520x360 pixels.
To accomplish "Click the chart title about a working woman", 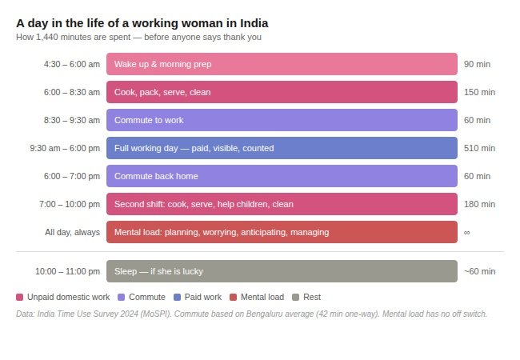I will [142, 23].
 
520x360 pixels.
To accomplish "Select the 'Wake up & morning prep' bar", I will [282, 64].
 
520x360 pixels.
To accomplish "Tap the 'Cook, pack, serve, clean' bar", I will [282, 92].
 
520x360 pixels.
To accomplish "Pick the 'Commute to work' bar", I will [282, 120].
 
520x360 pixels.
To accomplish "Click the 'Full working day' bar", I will [282, 148].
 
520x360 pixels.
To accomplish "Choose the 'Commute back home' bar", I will [282, 176].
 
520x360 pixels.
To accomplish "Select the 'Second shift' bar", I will [282, 204].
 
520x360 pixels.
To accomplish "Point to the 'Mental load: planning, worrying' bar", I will [282, 232].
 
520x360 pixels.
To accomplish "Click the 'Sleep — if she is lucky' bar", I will [282, 271].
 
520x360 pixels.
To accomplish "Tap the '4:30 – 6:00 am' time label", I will [72, 64].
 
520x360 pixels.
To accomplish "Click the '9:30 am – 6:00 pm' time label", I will [65, 148].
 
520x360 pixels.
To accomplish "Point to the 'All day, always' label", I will [73, 232].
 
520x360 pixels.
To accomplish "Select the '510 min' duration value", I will [479, 148].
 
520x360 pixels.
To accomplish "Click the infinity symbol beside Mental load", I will [467, 232].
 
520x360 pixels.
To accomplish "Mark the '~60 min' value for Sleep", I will [479, 271].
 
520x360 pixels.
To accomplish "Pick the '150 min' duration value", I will [479, 92].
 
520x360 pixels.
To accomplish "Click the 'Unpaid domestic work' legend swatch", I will [20, 297].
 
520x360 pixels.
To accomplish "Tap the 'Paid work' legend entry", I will [198, 297].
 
